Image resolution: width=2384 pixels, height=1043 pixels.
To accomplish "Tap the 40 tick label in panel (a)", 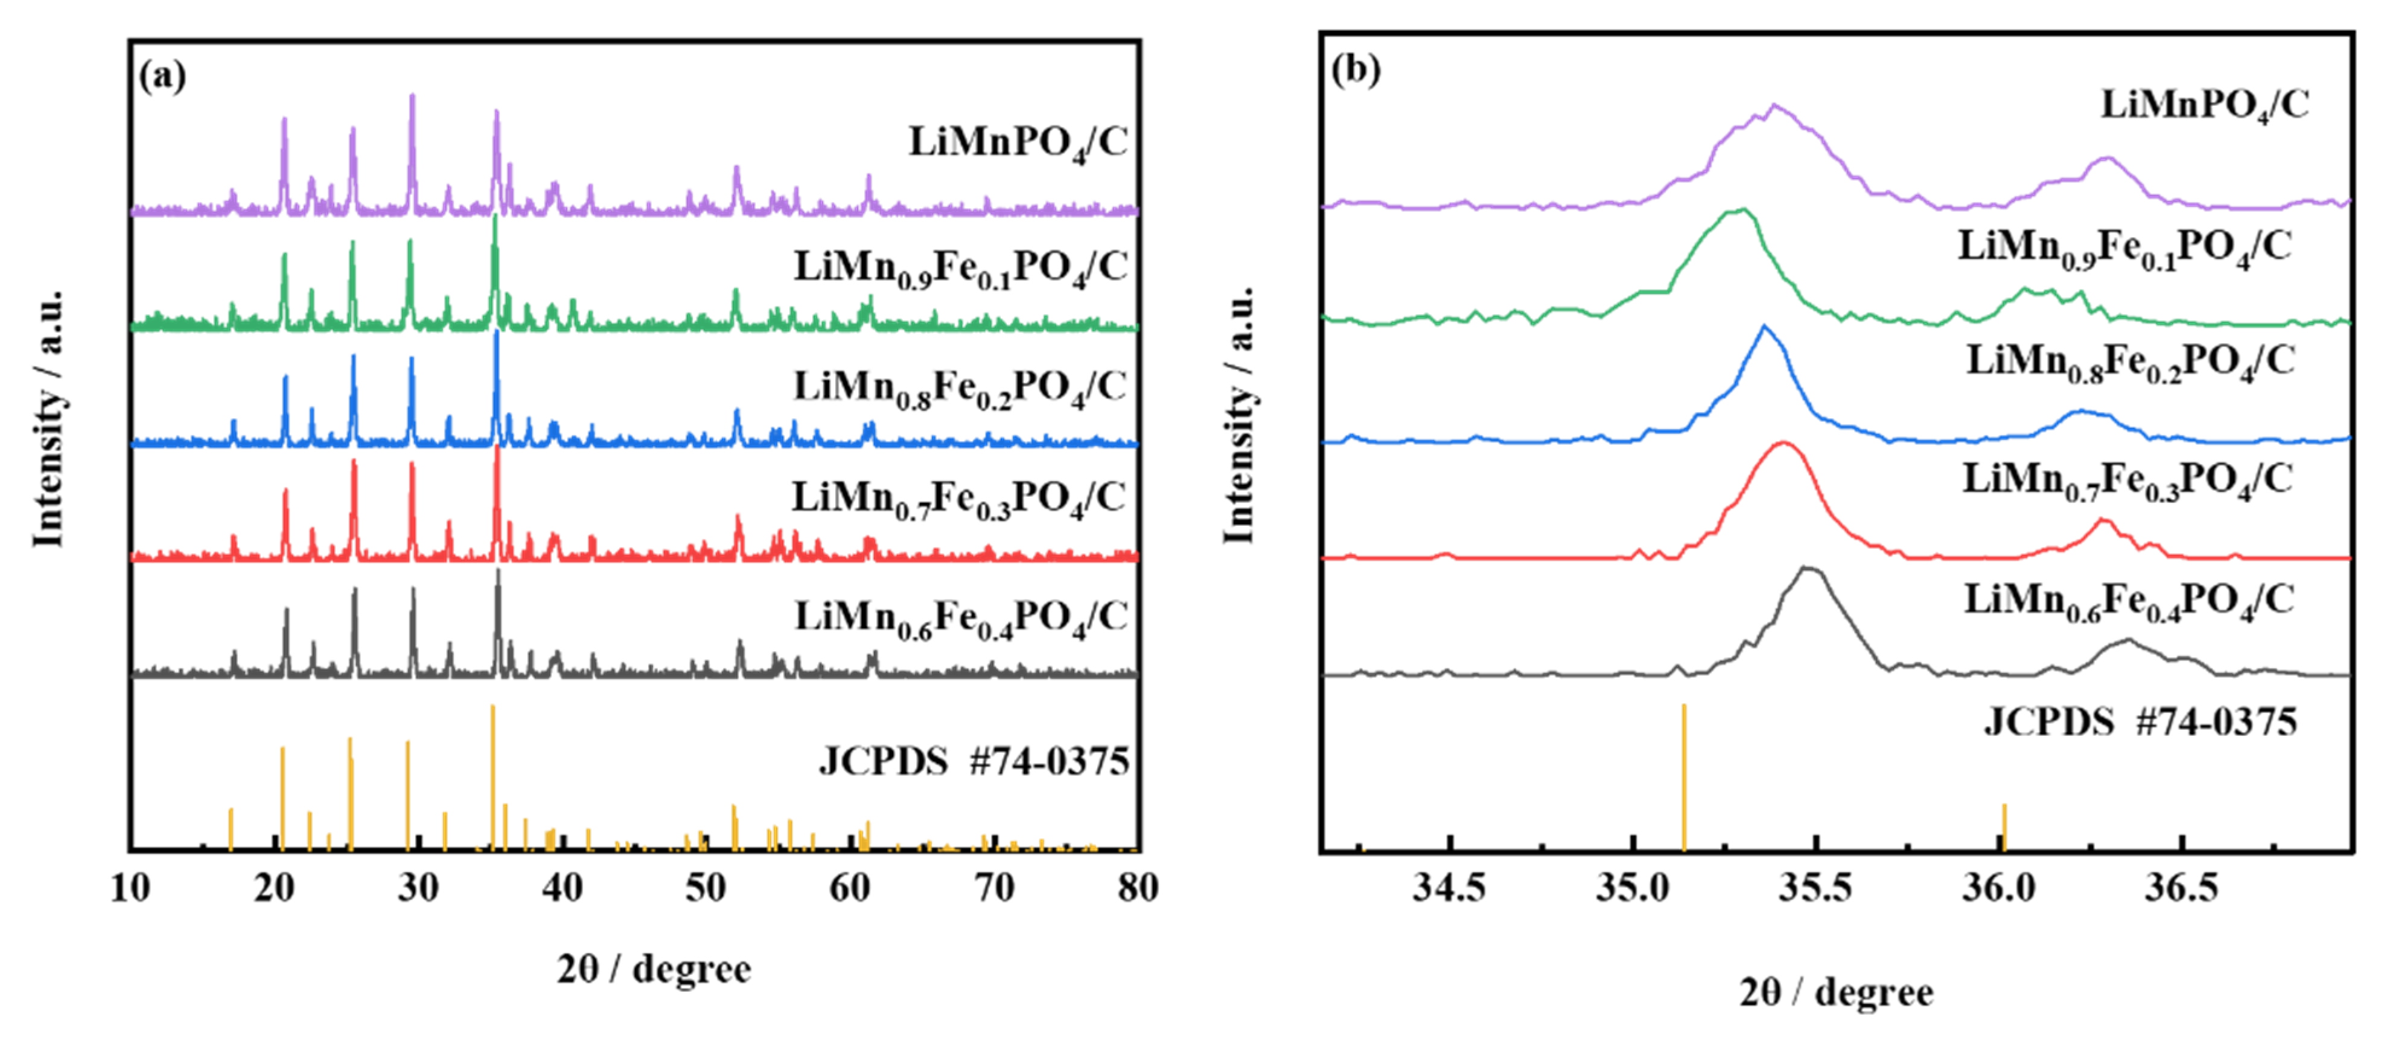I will (x=562, y=888).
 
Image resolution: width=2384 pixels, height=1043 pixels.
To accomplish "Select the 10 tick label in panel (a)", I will (x=130, y=888).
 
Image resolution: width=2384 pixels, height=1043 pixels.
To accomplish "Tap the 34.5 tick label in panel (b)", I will (x=1449, y=888).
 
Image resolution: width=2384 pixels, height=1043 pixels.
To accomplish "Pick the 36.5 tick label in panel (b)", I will (x=2181, y=888).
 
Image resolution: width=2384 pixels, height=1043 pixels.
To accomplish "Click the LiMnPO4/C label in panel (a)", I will (x=1018, y=144).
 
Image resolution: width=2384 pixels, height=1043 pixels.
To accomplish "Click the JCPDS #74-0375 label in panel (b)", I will (x=2140, y=722).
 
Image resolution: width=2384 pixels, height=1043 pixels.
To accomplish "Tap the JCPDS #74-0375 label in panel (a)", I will (x=974, y=762).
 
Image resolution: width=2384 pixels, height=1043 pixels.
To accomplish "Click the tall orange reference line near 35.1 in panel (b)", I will (x=1683, y=777).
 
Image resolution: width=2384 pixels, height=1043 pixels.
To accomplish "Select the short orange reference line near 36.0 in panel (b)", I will (x=2004, y=826).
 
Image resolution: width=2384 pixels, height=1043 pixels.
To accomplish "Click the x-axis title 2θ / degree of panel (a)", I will (x=654, y=969).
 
